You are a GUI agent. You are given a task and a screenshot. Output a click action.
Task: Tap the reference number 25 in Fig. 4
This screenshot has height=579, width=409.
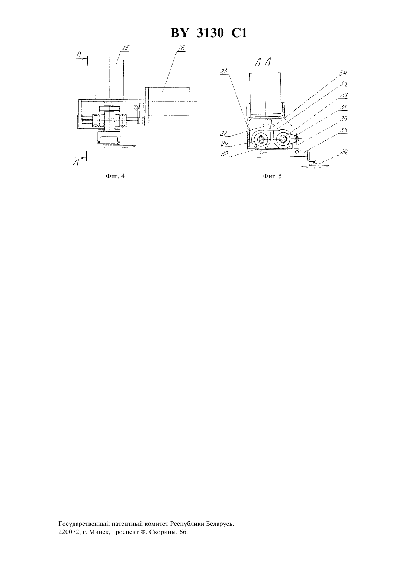pyautogui.click(x=126, y=48)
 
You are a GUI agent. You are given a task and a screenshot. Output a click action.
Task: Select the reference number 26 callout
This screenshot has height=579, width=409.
pyautogui.click(x=181, y=48)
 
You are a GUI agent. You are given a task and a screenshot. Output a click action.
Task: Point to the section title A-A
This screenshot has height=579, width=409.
pyautogui.click(x=263, y=62)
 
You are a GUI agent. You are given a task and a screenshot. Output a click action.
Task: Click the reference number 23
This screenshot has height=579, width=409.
pyautogui.click(x=224, y=71)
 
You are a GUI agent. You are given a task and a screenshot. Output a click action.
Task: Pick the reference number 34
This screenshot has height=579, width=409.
pyautogui.click(x=343, y=73)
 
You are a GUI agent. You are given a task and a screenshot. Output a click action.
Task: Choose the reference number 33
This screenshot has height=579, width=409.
pyautogui.click(x=343, y=84)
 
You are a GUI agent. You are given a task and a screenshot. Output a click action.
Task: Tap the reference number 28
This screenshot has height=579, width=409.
pyautogui.click(x=343, y=95)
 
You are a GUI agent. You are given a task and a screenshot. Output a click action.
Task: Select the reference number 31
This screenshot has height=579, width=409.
pyautogui.click(x=343, y=107)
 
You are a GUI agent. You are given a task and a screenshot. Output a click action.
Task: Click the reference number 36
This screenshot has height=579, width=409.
pyautogui.click(x=343, y=119)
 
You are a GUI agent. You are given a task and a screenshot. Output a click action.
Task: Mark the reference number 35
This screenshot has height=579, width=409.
pyautogui.click(x=343, y=130)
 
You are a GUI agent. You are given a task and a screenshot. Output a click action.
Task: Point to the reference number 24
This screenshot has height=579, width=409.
pyautogui.click(x=343, y=152)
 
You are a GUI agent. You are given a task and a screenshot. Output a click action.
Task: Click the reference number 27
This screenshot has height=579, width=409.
pyautogui.click(x=223, y=133)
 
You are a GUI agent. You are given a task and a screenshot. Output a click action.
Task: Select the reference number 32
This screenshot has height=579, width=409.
pyautogui.click(x=224, y=154)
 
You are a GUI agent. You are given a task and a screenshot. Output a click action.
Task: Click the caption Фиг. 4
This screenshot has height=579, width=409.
pyautogui.click(x=115, y=176)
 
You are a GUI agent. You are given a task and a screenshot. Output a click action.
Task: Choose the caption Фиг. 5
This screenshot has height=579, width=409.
pyautogui.click(x=272, y=176)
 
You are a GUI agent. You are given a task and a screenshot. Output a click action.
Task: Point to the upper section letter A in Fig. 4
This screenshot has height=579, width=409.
pyautogui.click(x=79, y=54)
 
